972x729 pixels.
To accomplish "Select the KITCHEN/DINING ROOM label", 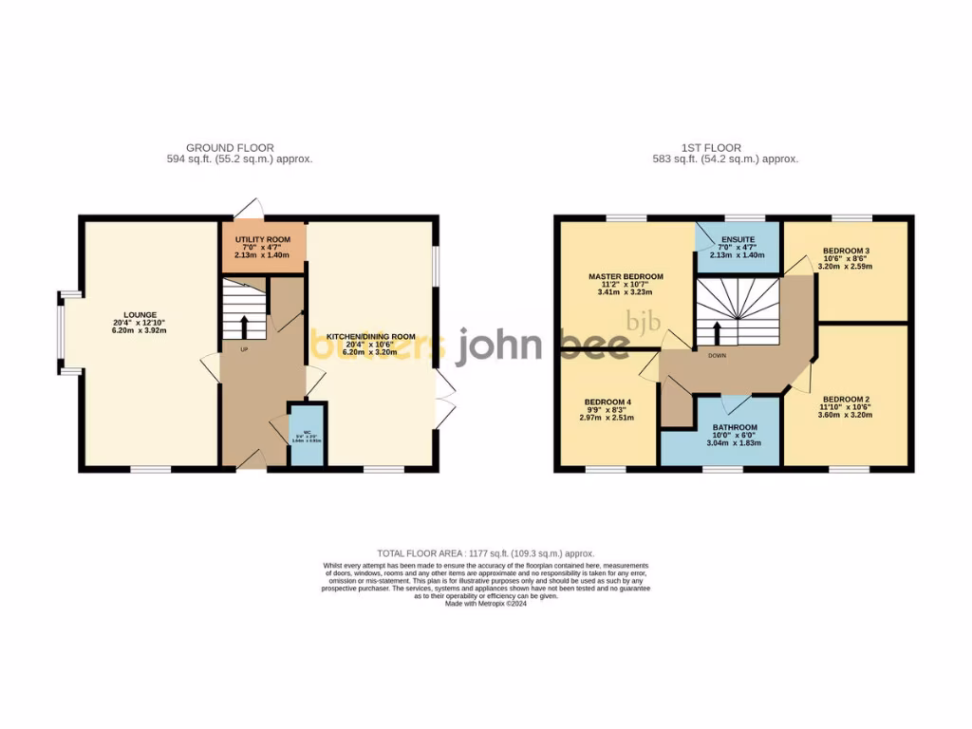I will (x=371, y=336).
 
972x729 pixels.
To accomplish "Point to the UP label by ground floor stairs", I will (x=244, y=349).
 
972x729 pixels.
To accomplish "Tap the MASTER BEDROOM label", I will (x=625, y=276).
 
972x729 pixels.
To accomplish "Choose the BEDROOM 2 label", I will (x=846, y=399).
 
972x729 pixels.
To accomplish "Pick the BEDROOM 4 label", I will (x=607, y=401).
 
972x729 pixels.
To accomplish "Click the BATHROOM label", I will (x=737, y=428).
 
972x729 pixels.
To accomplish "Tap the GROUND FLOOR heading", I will (x=230, y=148).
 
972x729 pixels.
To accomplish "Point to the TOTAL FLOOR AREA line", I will (x=485, y=552).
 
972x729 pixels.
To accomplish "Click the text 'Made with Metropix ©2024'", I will (x=485, y=604).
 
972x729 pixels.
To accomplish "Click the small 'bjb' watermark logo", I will (x=640, y=319).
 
